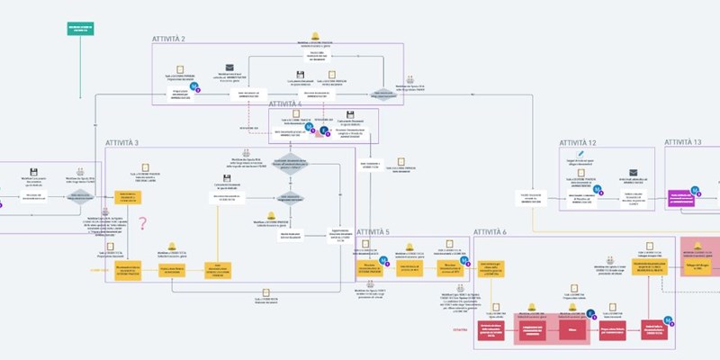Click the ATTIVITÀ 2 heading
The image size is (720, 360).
click(168, 39)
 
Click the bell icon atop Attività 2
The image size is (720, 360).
click(315, 37)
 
